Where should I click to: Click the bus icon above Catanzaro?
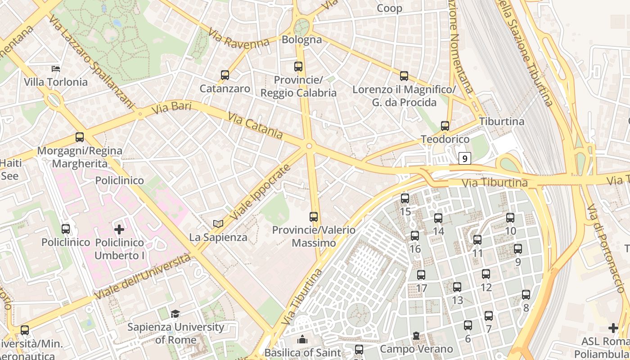click(x=225, y=75)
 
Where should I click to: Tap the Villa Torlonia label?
click(x=56, y=82)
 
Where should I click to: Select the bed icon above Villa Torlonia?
click(x=56, y=69)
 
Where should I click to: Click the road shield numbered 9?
click(x=465, y=158)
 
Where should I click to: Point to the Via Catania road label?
click(x=256, y=126)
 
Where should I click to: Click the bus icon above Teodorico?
click(x=445, y=126)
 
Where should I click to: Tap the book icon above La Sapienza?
click(x=218, y=224)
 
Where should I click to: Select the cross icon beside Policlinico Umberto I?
click(x=119, y=229)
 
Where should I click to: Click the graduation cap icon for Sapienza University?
click(x=175, y=314)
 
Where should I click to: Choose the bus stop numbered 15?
click(x=405, y=198)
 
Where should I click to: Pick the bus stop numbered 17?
click(x=421, y=275)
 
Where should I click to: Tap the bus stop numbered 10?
click(x=510, y=218)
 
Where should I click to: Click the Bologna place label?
click(x=302, y=40)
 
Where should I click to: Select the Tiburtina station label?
click(x=502, y=121)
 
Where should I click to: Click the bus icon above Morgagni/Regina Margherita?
click(x=80, y=137)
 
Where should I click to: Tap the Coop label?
click(x=389, y=8)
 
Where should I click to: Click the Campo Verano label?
click(x=416, y=349)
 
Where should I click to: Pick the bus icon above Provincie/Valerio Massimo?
click(x=314, y=217)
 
